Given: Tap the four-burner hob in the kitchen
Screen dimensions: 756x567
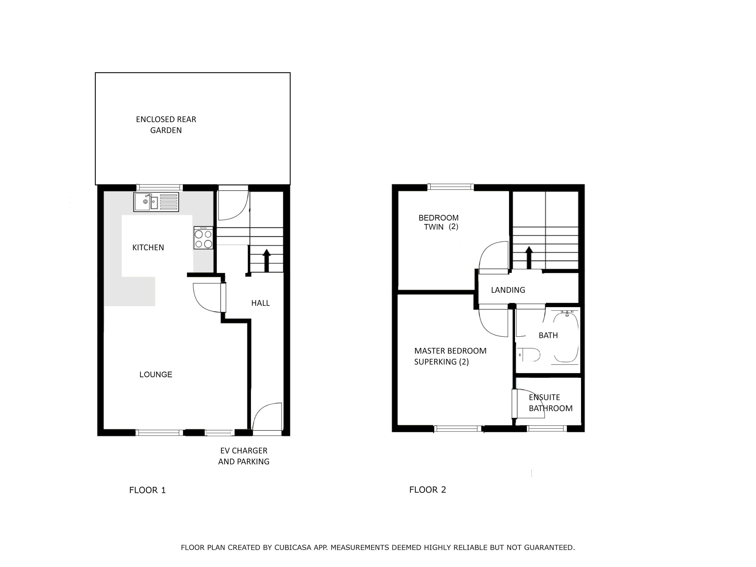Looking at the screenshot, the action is coord(203,238).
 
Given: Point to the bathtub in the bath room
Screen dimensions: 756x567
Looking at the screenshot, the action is coord(566,337).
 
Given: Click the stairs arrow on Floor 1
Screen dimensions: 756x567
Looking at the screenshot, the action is coord(266,260).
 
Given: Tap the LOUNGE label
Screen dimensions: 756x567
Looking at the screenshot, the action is coord(156,375).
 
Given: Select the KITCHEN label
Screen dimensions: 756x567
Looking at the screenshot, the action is coord(148,247).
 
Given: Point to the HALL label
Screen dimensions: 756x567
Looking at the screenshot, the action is coord(260,303).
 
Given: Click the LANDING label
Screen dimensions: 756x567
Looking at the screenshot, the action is coord(508,290).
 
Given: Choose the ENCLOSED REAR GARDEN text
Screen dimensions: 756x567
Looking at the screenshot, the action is coord(166,125).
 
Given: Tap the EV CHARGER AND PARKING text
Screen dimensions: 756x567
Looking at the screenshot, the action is coord(244,456).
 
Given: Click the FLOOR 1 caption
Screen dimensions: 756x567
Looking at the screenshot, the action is coord(147,490).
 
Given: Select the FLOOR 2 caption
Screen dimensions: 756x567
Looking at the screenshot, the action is coord(428,490).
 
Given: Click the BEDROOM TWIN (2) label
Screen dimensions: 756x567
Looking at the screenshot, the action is coord(438,222).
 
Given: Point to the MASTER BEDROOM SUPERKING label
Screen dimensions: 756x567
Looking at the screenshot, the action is coord(450,356).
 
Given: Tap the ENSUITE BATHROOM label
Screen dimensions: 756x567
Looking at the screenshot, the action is coord(550,403).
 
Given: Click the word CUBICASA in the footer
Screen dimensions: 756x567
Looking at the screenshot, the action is coord(293,548).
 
